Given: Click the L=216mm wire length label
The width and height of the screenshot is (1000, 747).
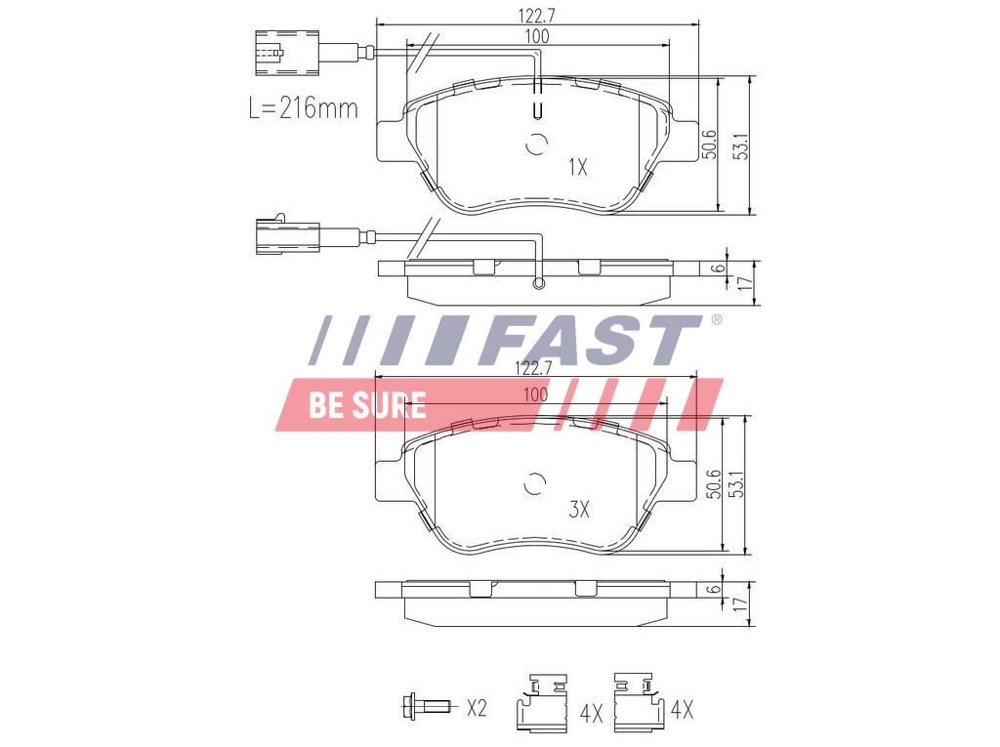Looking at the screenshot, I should (303, 107).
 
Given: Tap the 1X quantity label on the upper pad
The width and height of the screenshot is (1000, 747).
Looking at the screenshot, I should (577, 167).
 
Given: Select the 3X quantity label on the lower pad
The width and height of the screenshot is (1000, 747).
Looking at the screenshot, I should (579, 509).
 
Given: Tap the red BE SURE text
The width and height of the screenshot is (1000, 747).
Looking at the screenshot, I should (367, 405).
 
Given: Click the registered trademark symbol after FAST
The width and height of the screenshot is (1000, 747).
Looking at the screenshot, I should (716, 320).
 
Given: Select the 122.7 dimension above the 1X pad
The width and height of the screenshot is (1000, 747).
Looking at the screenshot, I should (537, 15).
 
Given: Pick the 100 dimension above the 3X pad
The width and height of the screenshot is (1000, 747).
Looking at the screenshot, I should (535, 394).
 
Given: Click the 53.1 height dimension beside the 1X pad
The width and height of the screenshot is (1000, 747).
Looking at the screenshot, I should (741, 145).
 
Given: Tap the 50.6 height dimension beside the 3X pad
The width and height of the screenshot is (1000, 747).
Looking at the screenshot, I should (714, 484).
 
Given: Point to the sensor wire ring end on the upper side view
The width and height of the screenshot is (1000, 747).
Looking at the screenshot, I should (536, 284).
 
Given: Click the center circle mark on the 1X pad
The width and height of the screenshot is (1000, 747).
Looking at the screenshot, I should (536, 144).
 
